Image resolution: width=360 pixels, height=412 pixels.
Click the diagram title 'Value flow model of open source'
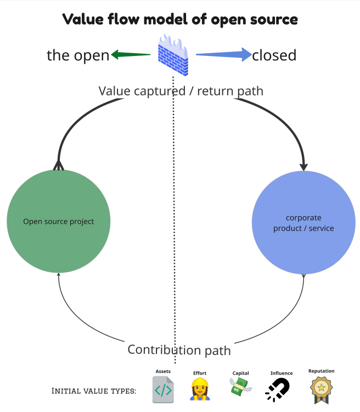click(x=180, y=19)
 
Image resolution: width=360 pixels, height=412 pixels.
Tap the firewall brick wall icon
click(x=173, y=55)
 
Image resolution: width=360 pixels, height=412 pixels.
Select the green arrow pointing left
click(x=131, y=54)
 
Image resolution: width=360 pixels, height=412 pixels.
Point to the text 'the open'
click(x=78, y=55)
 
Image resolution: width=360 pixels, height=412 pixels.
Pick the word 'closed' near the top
click(x=274, y=55)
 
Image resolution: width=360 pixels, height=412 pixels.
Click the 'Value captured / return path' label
click(x=181, y=91)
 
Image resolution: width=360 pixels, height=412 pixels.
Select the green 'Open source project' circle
click(x=59, y=222)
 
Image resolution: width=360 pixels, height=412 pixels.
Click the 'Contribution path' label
click(x=179, y=349)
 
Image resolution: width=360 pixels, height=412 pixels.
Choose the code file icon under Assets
click(x=163, y=390)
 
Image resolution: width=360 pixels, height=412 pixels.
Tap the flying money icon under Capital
click(x=240, y=388)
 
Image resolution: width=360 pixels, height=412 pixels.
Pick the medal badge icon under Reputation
click(x=321, y=389)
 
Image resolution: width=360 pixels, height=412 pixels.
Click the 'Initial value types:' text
click(x=94, y=391)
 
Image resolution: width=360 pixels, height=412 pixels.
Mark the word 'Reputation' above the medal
click(x=321, y=371)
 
